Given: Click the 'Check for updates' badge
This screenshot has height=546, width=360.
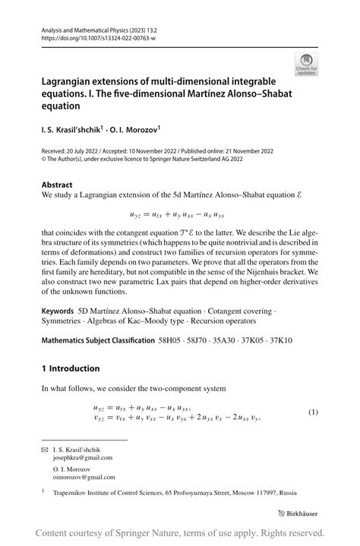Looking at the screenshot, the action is pos(307,65).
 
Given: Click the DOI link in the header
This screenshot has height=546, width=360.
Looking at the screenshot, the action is pos(93,36).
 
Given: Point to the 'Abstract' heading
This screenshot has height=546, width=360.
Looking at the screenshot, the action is pos(57,185).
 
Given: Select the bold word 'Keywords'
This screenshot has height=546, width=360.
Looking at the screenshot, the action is pos(58,311).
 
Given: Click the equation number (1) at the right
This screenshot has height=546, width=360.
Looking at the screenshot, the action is pos(313,412).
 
